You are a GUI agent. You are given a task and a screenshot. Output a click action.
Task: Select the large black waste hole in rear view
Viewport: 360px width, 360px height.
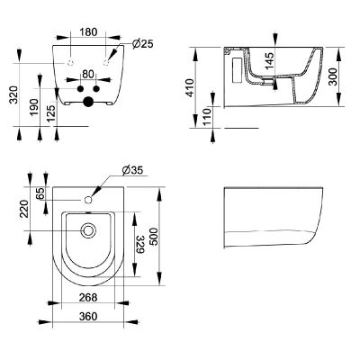coord(87,103)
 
